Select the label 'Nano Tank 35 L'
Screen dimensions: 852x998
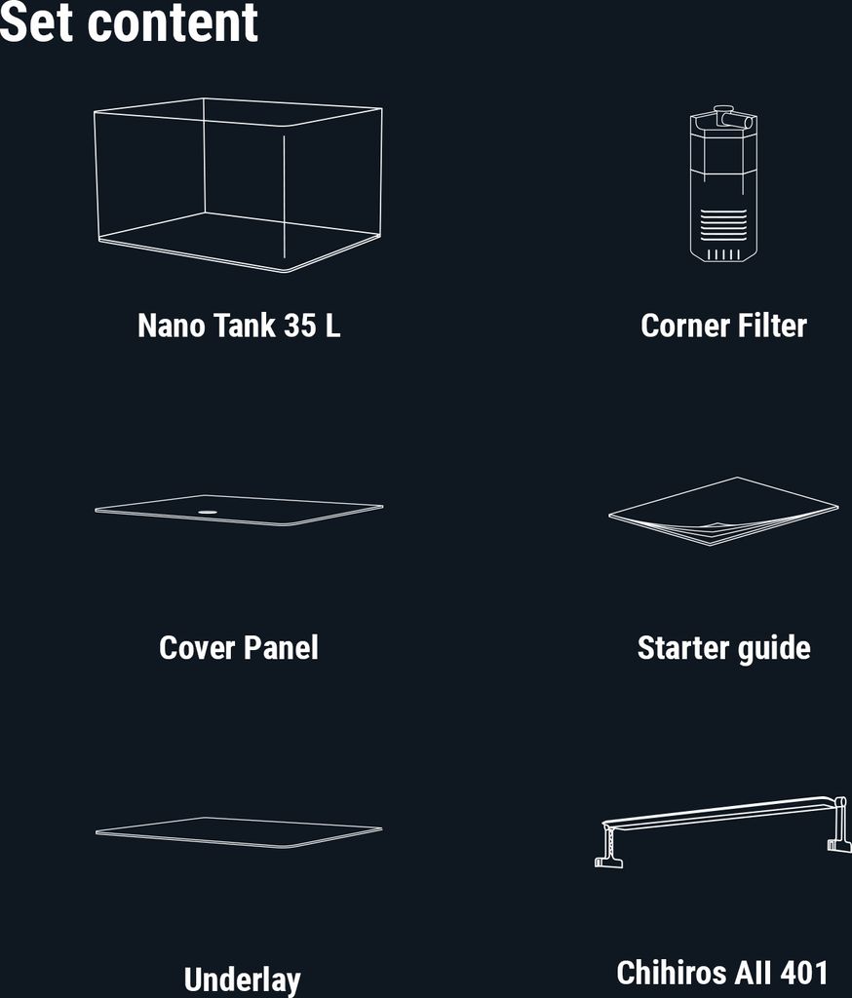tap(239, 326)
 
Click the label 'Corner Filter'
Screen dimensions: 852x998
tap(723, 326)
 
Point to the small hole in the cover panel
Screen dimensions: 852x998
tap(207, 511)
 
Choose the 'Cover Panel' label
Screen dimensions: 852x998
tap(239, 648)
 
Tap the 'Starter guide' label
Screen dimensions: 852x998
tap(723, 648)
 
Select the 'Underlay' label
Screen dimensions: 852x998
tap(242, 980)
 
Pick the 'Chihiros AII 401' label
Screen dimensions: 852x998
tap(722, 973)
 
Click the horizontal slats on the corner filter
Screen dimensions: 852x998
tap(723, 225)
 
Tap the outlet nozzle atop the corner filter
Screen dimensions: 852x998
tap(734, 119)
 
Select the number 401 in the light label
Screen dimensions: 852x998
tap(804, 973)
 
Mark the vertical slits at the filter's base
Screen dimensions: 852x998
tap(723, 254)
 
